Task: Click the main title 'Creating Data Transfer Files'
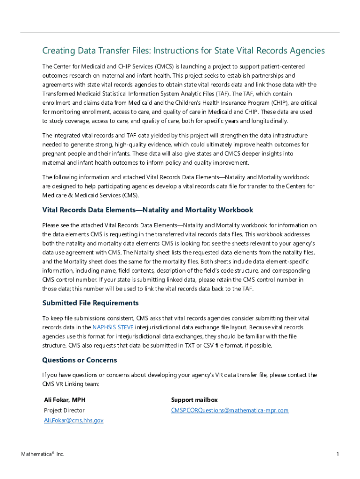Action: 183,51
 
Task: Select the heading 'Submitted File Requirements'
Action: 90,303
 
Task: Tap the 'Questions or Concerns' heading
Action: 79,360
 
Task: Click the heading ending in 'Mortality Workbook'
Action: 148,210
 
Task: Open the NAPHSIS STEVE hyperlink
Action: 113,327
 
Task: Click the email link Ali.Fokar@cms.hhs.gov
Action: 73,421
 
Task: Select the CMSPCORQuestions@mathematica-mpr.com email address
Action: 230,410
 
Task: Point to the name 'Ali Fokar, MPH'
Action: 65,400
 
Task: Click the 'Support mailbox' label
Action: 194,400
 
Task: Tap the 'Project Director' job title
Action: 64,410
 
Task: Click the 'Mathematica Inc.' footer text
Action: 43,454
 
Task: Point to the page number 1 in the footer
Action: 337,454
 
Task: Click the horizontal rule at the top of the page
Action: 180,33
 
